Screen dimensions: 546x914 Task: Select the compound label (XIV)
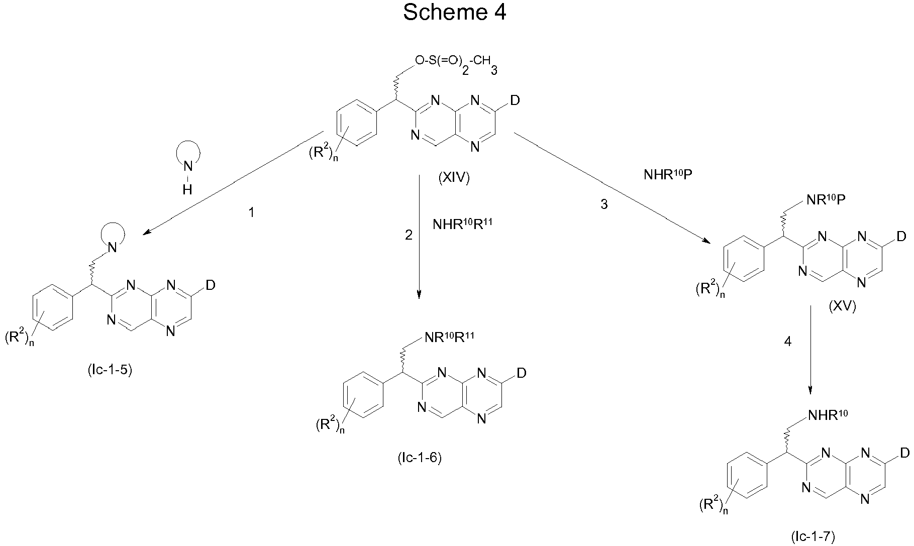click(x=454, y=178)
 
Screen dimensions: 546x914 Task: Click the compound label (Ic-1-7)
click(x=813, y=537)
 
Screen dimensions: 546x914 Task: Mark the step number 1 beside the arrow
click(x=252, y=213)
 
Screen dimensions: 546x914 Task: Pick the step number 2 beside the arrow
click(x=409, y=235)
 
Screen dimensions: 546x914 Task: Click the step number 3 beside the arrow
click(x=604, y=204)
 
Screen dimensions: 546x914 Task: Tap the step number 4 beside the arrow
click(x=787, y=342)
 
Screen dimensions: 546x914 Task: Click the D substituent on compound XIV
click(x=515, y=101)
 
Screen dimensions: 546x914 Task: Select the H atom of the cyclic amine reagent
click(x=187, y=189)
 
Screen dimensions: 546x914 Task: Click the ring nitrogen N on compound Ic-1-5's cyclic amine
click(x=113, y=247)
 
